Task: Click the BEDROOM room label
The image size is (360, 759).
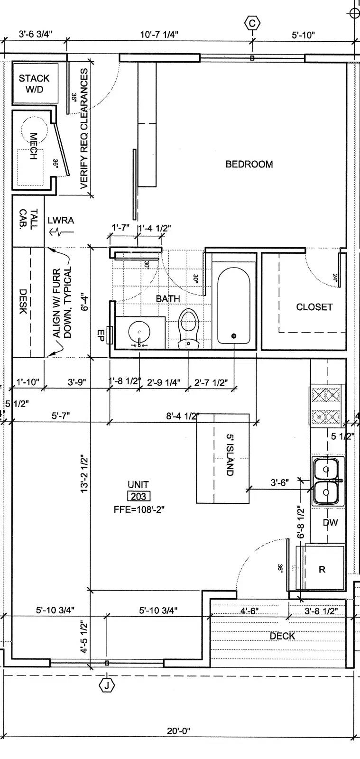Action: point(249,164)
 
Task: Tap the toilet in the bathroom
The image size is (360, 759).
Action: point(188,328)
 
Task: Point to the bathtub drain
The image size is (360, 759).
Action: point(234,336)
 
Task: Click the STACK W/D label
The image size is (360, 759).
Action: point(34,83)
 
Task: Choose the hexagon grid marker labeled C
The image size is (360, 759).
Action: point(252,23)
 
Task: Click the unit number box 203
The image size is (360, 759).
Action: point(138,496)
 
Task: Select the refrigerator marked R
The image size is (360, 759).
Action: point(322,569)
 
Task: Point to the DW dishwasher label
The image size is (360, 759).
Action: point(330,522)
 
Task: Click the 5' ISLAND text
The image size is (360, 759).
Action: point(230,455)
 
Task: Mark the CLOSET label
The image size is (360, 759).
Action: point(314,307)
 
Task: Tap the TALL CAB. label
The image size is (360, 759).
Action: point(28,220)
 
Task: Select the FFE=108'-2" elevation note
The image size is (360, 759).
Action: point(139,509)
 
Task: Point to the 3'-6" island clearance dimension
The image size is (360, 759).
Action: point(280,482)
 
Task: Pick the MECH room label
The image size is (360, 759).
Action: point(33,146)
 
